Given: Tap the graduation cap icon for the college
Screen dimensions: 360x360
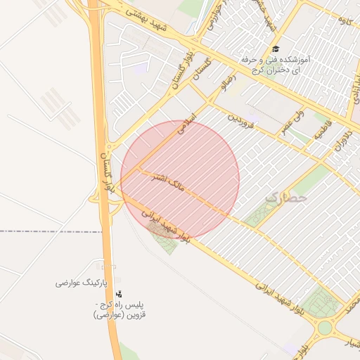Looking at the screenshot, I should [277, 50].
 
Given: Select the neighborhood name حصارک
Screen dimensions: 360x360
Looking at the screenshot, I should [286, 198].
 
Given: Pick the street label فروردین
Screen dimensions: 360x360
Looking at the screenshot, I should [238, 118].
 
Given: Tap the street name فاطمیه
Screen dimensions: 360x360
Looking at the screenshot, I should [321, 130].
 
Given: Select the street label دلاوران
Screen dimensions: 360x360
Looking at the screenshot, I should [346, 134].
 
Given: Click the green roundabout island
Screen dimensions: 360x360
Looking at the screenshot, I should [324, 327].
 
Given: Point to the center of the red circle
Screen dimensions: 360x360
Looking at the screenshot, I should [181, 179].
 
